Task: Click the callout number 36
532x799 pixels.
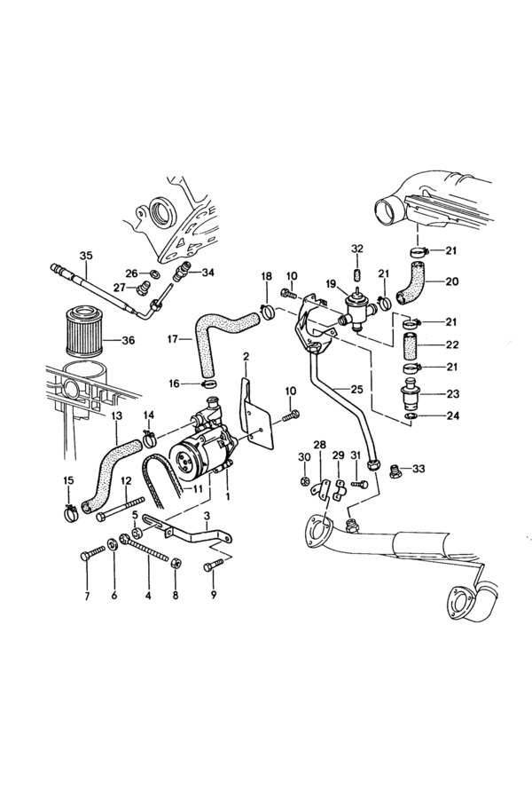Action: (129, 339)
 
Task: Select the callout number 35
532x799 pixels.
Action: (86, 256)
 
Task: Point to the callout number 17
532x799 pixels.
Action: (174, 338)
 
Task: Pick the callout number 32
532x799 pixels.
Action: (357, 248)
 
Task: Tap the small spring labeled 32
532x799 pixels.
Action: (357, 276)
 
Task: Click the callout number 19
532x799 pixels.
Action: (330, 285)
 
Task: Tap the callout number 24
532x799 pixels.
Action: (451, 415)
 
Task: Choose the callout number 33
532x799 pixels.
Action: (419, 468)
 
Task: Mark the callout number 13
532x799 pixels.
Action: (117, 415)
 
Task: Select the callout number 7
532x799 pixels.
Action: (87, 596)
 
